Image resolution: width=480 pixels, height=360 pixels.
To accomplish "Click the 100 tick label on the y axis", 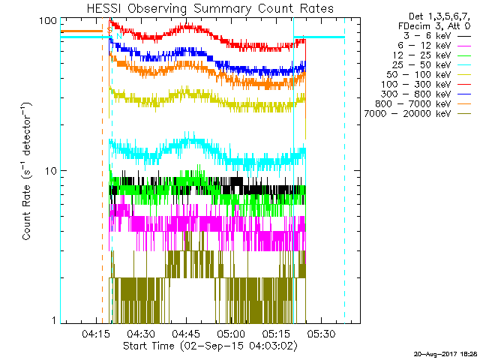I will click(x=49, y=21).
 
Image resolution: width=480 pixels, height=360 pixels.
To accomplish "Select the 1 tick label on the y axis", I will click(x=54, y=320).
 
